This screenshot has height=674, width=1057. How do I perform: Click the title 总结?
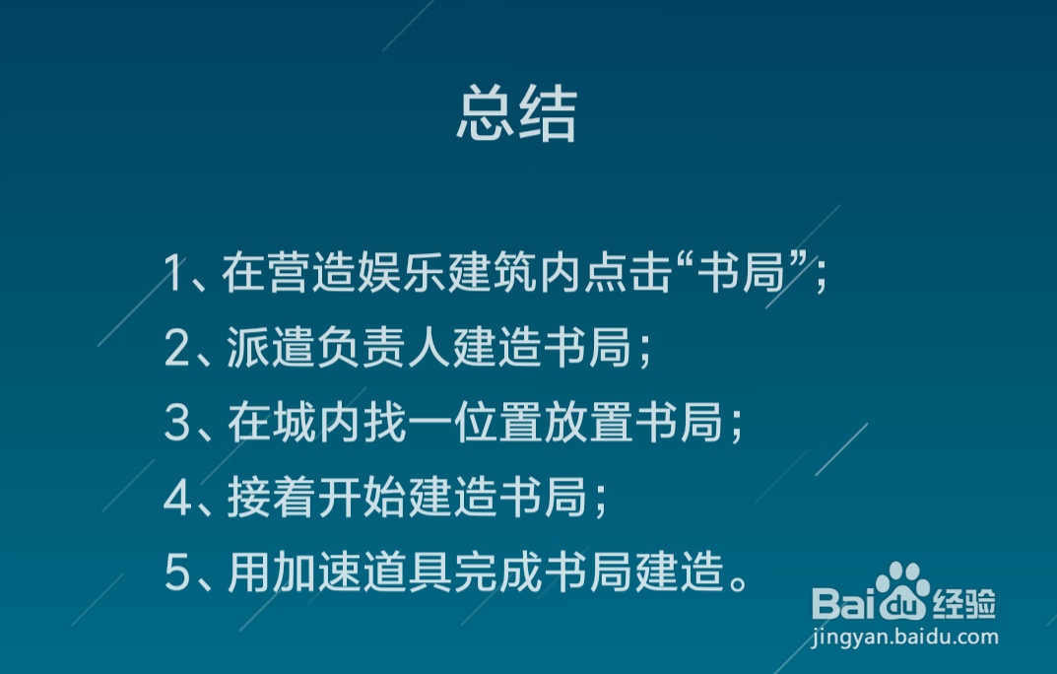516,116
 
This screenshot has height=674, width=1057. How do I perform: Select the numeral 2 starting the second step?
176,349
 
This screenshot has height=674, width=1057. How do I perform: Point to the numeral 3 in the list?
176,424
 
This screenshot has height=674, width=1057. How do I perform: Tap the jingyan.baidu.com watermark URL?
905,638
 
